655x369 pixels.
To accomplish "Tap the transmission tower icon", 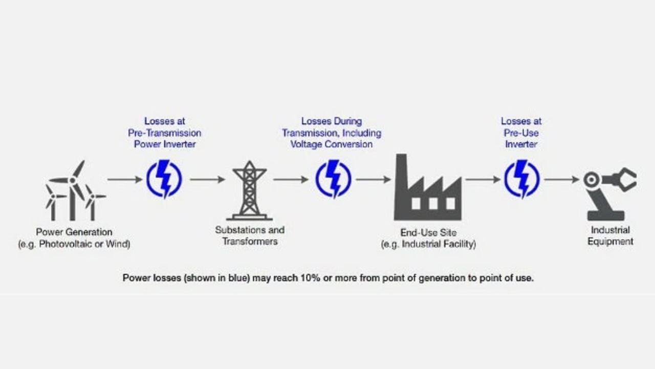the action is pyautogui.click(x=249, y=190).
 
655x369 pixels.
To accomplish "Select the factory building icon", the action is pyautogui.click(x=428, y=187).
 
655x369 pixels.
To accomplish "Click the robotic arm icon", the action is pyautogui.click(x=609, y=193).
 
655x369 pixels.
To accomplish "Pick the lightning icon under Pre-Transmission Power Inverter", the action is pyautogui.click(x=164, y=179).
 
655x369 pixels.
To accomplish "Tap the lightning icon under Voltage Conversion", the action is pyautogui.click(x=333, y=179).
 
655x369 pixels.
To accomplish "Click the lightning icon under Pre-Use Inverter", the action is pyautogui.click(x=522, y=179).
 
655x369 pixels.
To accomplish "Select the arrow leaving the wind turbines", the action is pyautogui.click(x=125, y=179).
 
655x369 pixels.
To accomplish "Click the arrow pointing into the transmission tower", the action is pyautogui.click(x=208, y=179).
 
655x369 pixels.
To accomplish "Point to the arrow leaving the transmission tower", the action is pyautogui.click(x=291, y=179).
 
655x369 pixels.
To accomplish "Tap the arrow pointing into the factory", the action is pyautogui.click(x=374, y=179).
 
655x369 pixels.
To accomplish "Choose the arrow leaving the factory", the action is pyautogui.click(x=483, y=179).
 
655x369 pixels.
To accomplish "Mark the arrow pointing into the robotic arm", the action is pyautogui.click(x=562, y=179).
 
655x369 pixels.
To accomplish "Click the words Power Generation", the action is pyautogui.click(x=74, y=232).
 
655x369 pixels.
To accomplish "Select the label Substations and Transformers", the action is pyautogui.click(x=250, y=235).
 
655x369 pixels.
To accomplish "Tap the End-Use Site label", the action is pyautogui.click(x=428, y=233).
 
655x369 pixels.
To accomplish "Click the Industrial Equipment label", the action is pyautogui.click(x=610, y=236).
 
